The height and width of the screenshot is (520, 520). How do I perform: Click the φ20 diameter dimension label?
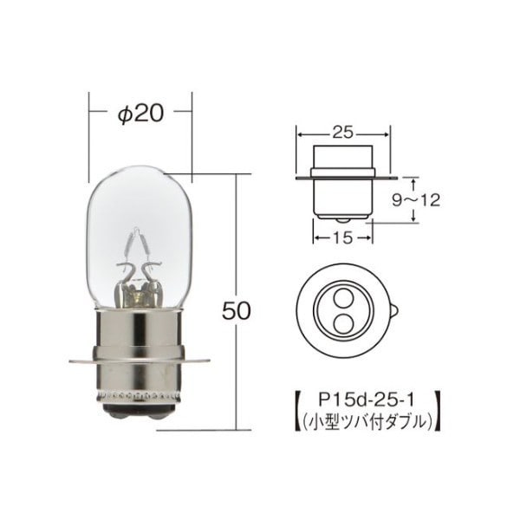141,114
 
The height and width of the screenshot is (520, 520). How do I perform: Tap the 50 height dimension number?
236,311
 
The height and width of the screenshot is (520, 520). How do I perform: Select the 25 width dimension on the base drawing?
342,133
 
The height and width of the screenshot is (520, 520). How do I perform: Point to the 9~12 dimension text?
416,200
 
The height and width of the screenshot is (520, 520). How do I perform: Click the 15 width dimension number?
342,237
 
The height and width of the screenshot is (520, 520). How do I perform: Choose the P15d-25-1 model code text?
366,400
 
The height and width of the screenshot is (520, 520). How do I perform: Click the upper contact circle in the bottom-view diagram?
341,298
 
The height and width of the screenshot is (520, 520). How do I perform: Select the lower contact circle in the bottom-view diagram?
341,323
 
